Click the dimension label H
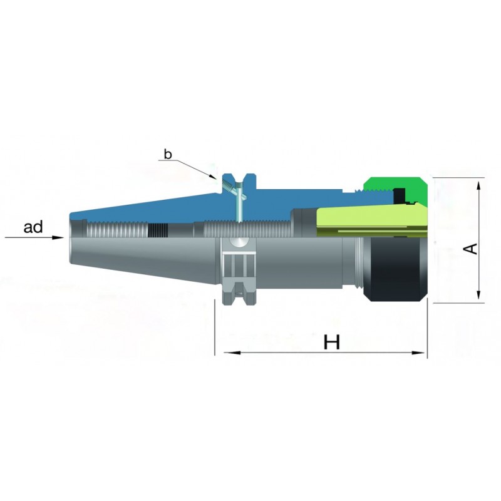[332, 342]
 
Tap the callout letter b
[168, 154]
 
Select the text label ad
[33, 227]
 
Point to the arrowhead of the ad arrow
[58, 237]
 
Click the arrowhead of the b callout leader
[213, 177]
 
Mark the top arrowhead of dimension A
[478, 187]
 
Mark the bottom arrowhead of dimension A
[478, 294]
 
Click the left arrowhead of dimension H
[232, 353]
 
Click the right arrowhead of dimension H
[418, 353]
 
